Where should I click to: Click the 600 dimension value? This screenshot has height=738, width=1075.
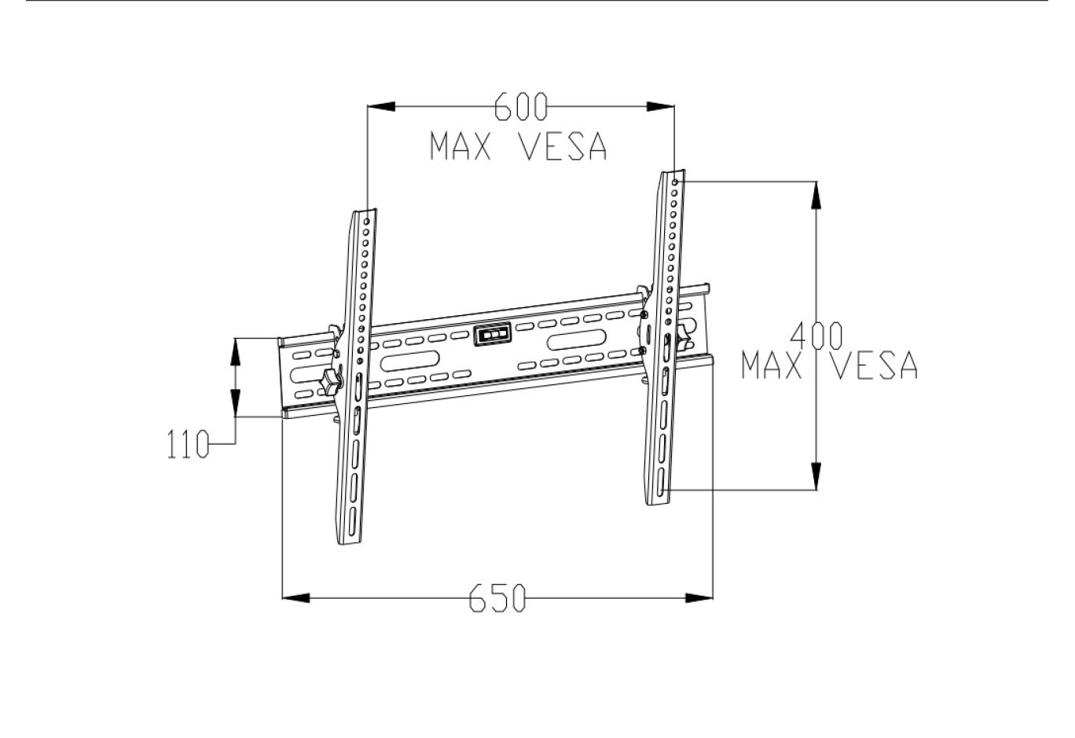point(520,107)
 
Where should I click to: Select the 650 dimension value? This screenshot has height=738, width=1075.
point(497,598)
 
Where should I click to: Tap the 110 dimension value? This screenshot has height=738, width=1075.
point(188,445)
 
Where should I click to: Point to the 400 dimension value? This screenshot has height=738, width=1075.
point(817,336)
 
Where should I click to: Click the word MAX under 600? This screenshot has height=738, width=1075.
point(460,147)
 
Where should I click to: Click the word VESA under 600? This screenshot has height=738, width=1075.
point(562,147)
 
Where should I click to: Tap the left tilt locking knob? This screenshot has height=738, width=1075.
point(330,383)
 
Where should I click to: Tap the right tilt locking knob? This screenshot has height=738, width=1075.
point(684,336)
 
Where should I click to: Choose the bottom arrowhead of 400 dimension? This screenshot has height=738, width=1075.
point(817,475)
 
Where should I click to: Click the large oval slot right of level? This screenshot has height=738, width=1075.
point(578,340)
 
